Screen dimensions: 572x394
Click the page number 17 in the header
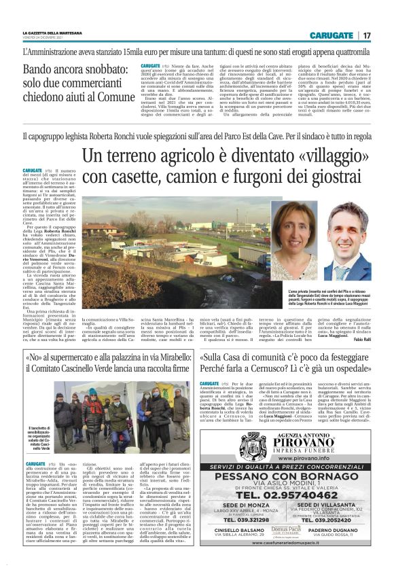click(368, 35)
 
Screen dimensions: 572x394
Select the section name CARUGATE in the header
click(332, 35)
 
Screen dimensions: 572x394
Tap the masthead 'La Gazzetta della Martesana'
click(56, 32)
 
